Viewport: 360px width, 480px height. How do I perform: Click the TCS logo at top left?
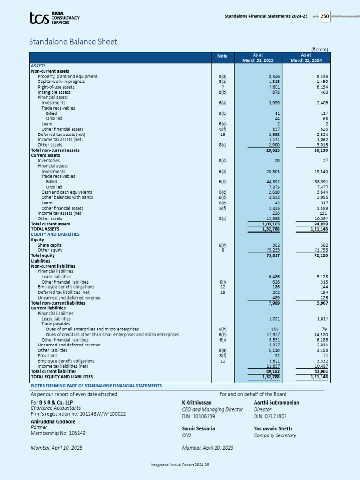54,18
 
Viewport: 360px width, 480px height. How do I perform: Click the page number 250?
325,16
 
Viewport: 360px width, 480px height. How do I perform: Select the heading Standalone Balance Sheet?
73,42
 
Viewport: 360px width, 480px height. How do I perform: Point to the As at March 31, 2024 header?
306,57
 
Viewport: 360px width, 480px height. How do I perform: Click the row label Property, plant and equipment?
67,76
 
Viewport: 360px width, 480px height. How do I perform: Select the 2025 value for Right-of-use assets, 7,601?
275,87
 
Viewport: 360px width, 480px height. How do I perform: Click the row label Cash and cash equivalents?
67,192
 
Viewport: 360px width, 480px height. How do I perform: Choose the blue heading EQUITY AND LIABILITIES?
55,234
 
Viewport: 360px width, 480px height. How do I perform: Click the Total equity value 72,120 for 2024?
320,256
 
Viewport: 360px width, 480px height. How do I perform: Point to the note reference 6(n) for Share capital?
223,245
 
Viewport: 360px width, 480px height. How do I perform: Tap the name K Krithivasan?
196,402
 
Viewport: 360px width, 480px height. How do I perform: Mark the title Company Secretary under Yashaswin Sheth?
275,435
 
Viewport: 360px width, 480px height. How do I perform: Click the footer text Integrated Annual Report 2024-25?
180,465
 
